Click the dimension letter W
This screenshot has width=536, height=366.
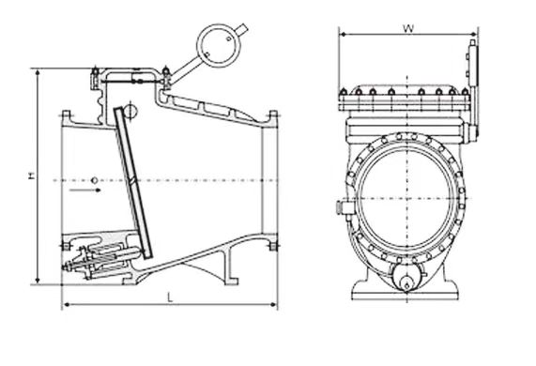pyautogui.click(x=408, y=28)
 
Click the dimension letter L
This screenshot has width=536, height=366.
pyautogui.click(x=170, y=297)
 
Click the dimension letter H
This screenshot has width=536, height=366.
pyautogui.click(x=32, y=175)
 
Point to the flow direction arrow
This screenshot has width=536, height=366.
pyautogui.click(x=84, y=190)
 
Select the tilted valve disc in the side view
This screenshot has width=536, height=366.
pyautogui.click(x=133, y=182)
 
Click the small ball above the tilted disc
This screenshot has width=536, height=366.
pyautogui.click(x=130, y=111)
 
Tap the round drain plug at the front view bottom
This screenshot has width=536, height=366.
pyautogui.click(x=406, y=279)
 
